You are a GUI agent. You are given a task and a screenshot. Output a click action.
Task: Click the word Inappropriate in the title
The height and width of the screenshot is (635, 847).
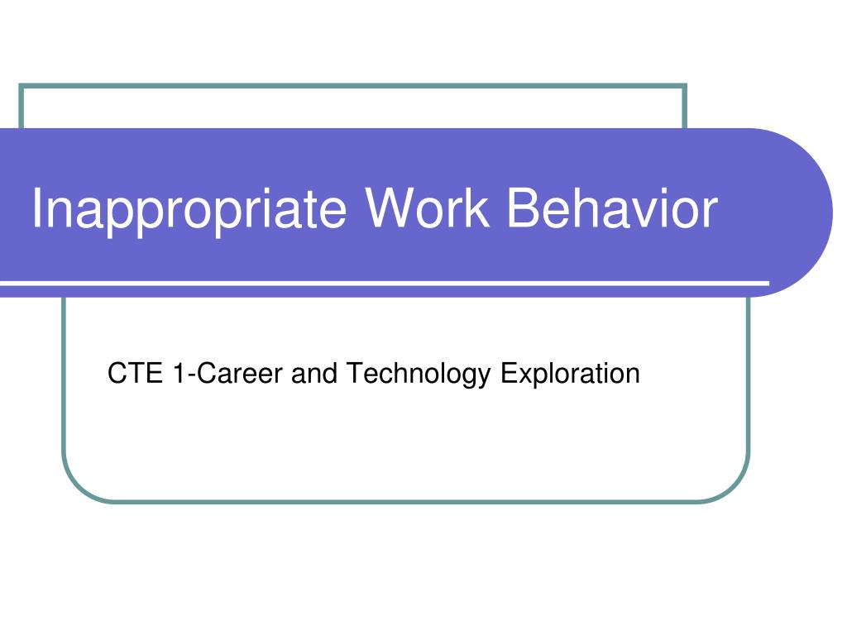[189, 210]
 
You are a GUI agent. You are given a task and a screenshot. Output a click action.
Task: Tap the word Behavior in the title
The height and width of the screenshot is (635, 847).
[612, 208]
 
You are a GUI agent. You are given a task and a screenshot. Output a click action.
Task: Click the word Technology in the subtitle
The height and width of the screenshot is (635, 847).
[419, 375]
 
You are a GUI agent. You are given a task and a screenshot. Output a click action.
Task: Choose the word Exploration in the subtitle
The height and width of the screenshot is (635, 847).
[570, 375]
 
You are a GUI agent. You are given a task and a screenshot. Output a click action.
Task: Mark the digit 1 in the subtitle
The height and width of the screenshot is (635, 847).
[179, 374]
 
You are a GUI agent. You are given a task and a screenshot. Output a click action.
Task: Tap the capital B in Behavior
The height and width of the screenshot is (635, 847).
[523, 208]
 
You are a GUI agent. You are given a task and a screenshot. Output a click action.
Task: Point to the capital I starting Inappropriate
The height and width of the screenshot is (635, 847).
[38, 208]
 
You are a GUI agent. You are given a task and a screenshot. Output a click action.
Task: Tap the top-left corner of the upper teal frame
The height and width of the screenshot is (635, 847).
[21, 85]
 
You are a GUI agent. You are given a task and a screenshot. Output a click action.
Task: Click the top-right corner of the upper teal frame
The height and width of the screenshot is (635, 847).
[685, 85]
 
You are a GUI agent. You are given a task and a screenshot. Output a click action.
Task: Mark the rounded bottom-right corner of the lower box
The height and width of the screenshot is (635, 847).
[736, 488]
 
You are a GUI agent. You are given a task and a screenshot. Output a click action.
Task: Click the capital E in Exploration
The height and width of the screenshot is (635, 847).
[507, 374]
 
